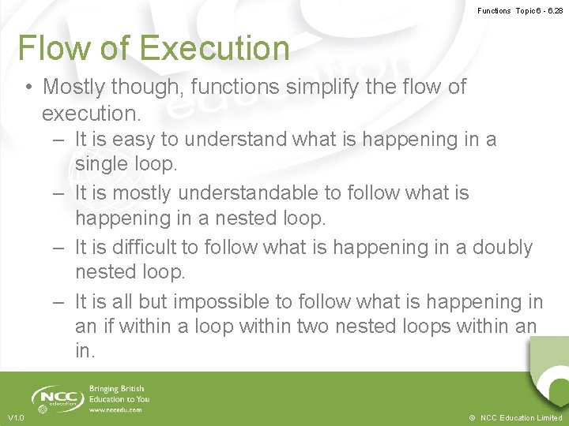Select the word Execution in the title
point(215,47)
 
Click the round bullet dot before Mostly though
point(28,87)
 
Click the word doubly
point(503,247)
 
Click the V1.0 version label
point(16,417)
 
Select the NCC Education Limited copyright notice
point(515,417)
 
